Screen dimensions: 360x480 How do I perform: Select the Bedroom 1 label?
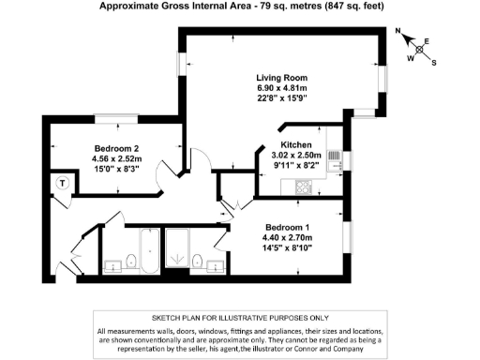[x=289, y=228]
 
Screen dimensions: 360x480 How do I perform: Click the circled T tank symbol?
[x=62, y=182]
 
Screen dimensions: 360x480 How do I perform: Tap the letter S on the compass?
[x=434, y=63]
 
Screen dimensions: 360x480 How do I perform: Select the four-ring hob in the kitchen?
[x=305, y=187]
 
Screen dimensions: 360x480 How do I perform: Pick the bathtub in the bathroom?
[x=150, y=250]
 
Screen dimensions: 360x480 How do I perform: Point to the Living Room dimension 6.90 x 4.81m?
[x=282, y=87]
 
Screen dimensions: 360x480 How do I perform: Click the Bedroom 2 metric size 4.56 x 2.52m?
[x=117, y=159]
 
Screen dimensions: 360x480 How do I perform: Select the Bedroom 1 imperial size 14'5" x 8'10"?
[x=289, y=248]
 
